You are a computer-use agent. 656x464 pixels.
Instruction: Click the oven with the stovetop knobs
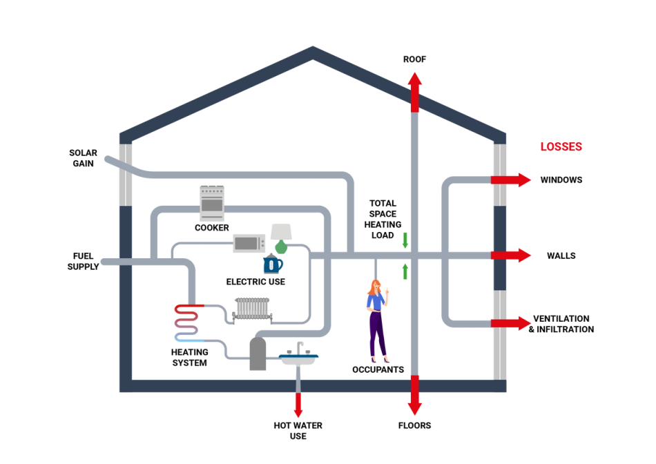tap(211, 203)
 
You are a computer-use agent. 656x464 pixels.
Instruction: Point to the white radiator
tap(252, 312)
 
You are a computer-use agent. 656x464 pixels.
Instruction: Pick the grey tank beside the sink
tap(257, 354)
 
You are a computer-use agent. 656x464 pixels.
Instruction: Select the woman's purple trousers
tap(377, 335)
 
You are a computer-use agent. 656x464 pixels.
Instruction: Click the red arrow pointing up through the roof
tap(414, 90)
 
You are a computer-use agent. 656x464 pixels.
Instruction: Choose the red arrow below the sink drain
tap(298, 405)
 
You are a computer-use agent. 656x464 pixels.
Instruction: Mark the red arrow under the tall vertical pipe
tap(414, 396)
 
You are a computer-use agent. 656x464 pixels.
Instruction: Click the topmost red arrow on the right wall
tap(512, 180)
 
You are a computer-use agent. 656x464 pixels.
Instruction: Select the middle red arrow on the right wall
tap(512, 255)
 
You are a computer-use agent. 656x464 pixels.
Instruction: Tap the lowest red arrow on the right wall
tap(512, 322)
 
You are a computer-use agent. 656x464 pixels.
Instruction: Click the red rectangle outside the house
tap(561, 146)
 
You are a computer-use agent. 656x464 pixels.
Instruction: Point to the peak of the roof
tap(313, 50)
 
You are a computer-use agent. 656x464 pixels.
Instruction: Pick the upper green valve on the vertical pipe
tap(405, 240)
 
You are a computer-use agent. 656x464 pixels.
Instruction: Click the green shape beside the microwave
tap(281, 247)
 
